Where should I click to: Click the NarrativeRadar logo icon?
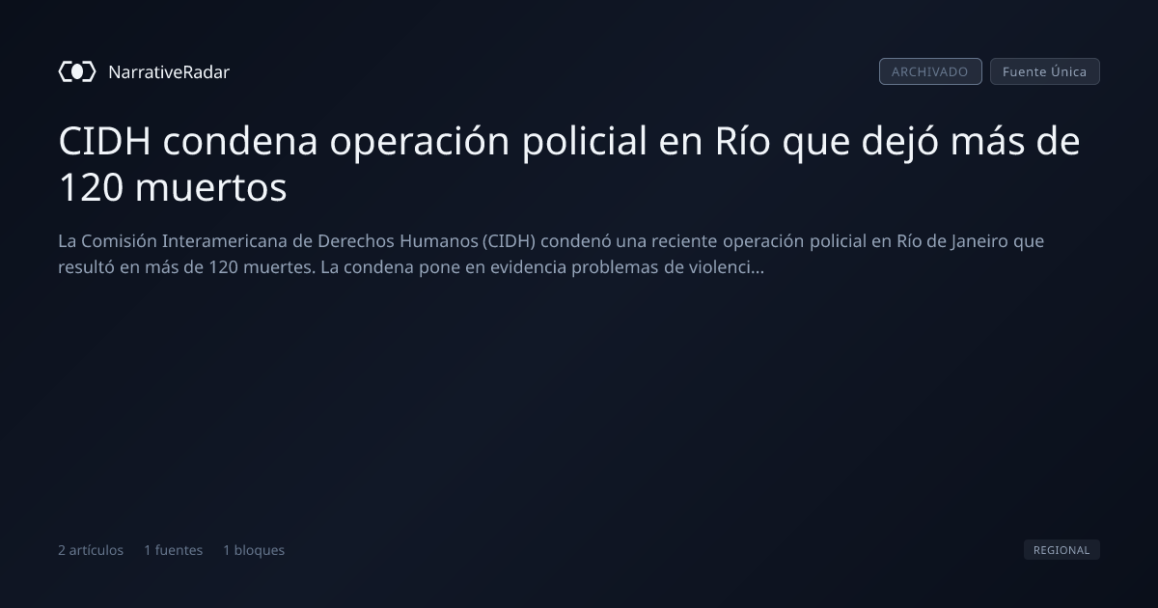pos(77,71)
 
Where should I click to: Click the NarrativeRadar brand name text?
pos(169,71)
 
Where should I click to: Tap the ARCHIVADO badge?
pos(930,71)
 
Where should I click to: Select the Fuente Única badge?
pos(1045,71)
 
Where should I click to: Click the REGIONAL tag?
pos(1061,549)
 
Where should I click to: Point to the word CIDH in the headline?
pos(105,141)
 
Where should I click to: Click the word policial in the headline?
pos(585,141)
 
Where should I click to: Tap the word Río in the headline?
pos(742,141)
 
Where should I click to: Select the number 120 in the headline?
pos(91,187)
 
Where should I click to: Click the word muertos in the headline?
pos(211,187)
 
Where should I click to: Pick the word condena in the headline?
pos(240,141)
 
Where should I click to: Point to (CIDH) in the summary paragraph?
pos(509,241)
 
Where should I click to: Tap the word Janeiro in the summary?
pos(979,241)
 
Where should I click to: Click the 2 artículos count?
pos(91,550)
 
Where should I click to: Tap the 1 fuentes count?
pos(173,550)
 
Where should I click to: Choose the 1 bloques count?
pos(254,550)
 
